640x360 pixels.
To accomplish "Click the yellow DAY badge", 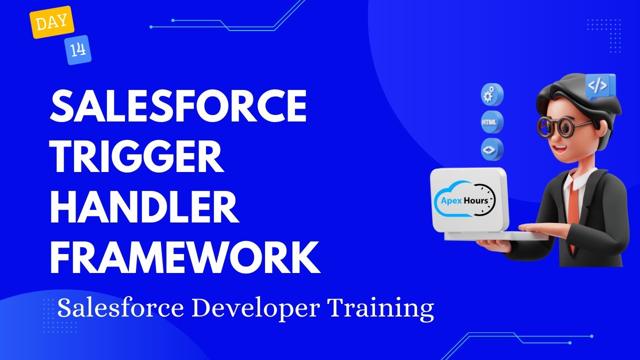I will coord(52,22).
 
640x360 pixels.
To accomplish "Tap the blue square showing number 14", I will coord(77,50).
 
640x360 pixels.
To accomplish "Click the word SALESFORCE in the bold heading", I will coord(177,106).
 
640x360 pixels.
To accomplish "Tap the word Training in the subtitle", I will coord(380,308).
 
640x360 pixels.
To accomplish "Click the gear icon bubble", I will coord(492,95).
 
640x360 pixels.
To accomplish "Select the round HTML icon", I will coord(492,122).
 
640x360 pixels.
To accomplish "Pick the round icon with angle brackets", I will coord(492,149).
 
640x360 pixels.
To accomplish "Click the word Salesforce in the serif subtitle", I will coord(120,308).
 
